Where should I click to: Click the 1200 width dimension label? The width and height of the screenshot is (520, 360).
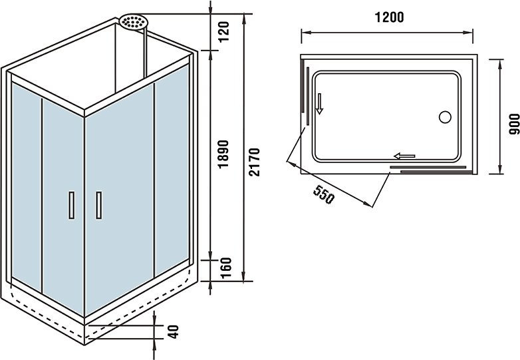(x=390, y=17)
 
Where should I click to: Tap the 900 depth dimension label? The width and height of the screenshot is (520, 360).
(x=514, y=124)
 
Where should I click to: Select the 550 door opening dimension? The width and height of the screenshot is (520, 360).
(x=324, y=195)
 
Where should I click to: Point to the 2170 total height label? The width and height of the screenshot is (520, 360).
(x=255, y=162)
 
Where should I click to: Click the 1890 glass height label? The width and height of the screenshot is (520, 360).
(x=224, y=154)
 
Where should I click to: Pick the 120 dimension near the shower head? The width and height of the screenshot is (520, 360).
(x=224, y=31)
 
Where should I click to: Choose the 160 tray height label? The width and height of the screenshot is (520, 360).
(x=225, y=268)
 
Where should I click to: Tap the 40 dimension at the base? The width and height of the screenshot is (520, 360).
(x=173, y=332)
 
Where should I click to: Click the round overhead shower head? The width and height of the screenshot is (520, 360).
(x=134, y=22)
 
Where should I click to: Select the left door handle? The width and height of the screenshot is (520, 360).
(x=72, y=205)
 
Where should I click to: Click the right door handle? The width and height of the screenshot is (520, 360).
(x=99, y=205)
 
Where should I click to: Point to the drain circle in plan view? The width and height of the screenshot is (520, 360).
(x=445, y=117)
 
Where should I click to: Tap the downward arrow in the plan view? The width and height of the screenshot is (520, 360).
(x=319, y=104)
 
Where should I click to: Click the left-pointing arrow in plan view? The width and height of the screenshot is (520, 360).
(x=404, y=156)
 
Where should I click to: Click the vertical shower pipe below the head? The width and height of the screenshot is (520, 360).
(x=145, y=54)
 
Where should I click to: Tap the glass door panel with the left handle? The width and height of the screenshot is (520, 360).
(x=63, y=206)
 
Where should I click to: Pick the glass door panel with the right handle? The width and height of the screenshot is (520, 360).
(x=120, y=200)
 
